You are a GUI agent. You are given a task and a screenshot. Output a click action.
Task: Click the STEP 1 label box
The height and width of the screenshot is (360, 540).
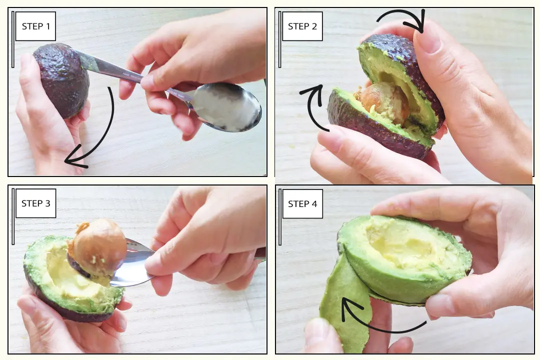35,26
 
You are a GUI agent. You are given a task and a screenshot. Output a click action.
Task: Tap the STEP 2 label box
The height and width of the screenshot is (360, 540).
302,26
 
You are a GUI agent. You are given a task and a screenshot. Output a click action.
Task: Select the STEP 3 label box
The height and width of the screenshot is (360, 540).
35,203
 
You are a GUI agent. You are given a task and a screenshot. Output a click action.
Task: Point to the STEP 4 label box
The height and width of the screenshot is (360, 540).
302,203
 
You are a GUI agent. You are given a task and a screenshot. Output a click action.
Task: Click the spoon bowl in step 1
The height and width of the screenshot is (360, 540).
225,107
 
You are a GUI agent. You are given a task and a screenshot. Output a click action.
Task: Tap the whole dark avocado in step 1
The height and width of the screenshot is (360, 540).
62,80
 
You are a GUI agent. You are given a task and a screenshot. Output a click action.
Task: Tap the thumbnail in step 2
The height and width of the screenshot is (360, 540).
427,38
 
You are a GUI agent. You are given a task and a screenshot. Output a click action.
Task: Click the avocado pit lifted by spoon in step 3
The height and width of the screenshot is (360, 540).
98,247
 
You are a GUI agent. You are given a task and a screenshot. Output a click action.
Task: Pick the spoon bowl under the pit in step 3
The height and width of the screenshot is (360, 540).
131,265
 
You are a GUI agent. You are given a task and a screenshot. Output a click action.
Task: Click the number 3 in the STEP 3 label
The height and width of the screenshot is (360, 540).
47,203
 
